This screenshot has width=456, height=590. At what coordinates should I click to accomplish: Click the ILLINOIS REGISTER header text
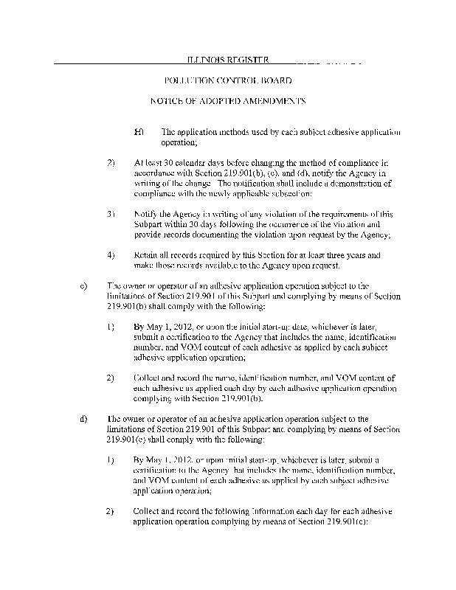pos(227,59)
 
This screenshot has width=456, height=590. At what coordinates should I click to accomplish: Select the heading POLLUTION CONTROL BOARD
pos(227,79)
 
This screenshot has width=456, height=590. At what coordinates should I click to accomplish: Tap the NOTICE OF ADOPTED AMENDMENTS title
pos(227,100)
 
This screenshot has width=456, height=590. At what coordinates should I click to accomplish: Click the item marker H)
pos(138,132)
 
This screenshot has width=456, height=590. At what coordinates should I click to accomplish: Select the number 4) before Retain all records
pos(111,254)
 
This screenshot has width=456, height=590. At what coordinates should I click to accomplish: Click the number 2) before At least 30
pos(111,161)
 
